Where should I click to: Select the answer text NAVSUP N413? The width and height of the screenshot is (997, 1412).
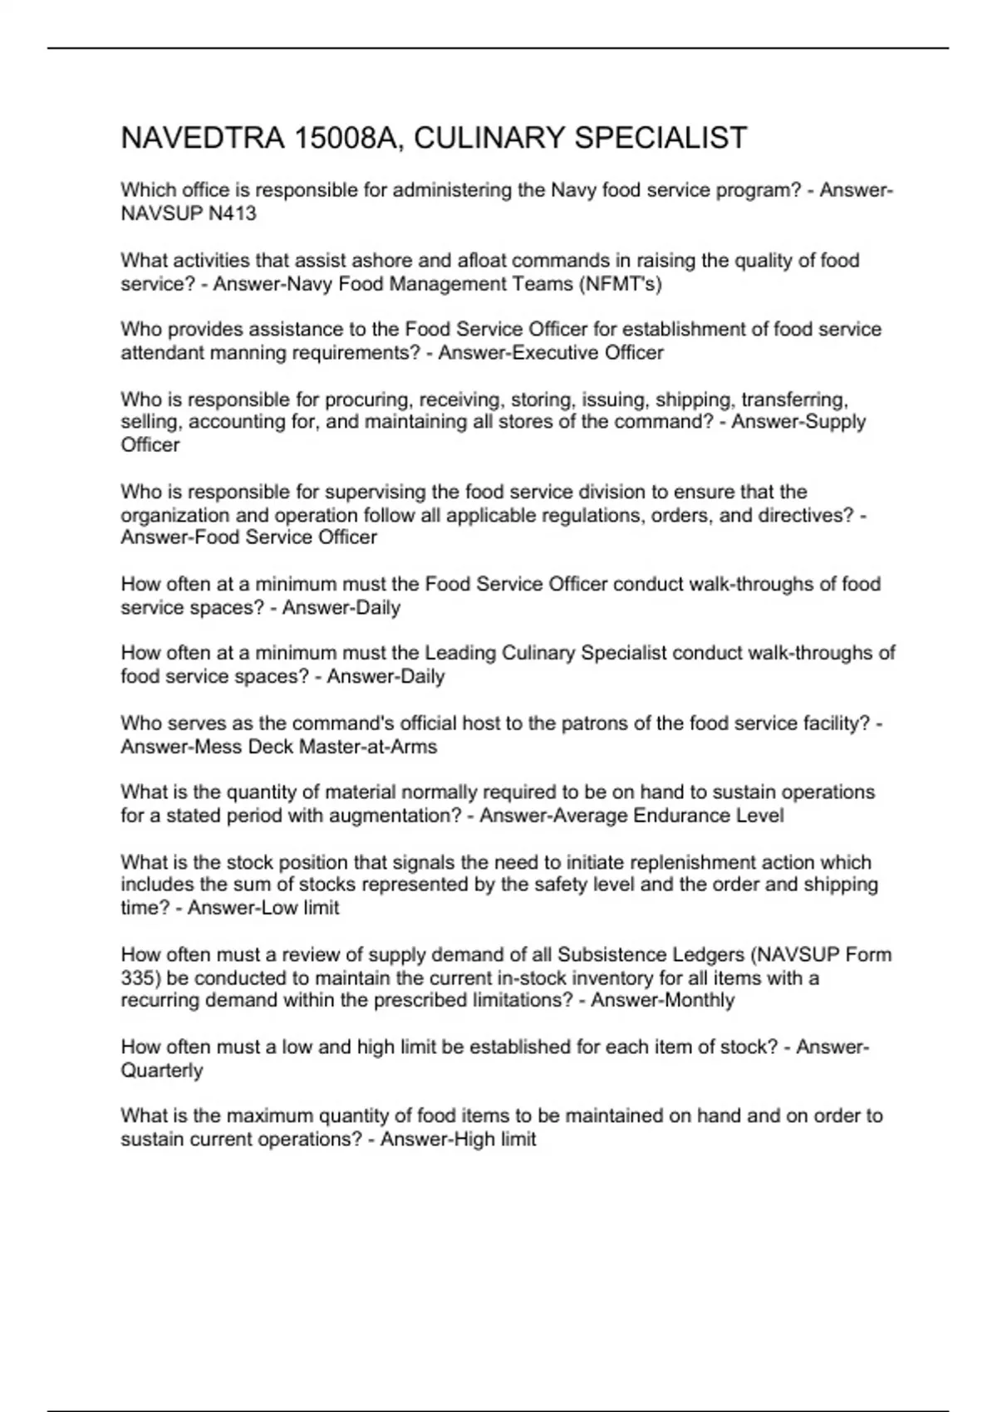click(189, 213)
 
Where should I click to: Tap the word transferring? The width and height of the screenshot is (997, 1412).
click(793, 400)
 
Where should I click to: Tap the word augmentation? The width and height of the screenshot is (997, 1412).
click(395, 816)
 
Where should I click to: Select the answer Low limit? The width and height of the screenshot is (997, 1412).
click(299, 908)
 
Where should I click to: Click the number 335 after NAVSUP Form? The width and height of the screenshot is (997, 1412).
click(136, 978)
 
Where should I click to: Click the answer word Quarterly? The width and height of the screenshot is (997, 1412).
click(162, 1070)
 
